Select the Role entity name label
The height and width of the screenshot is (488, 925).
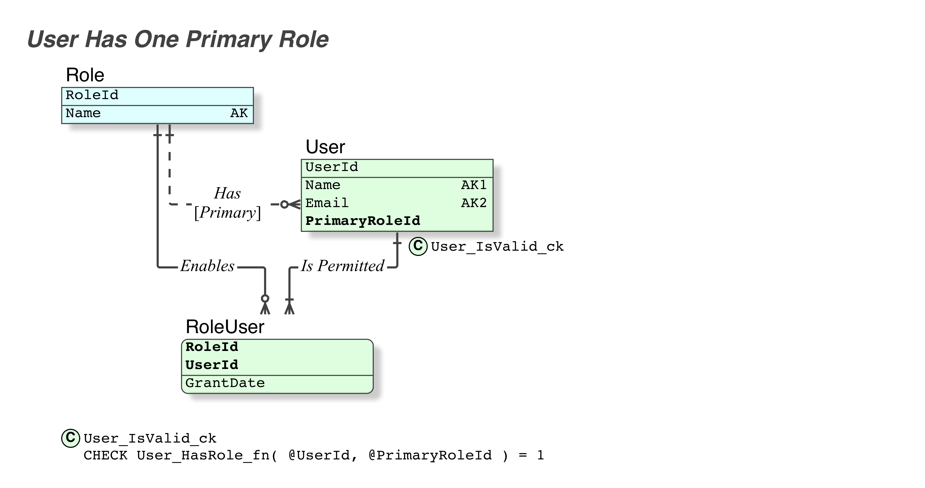(85, 75)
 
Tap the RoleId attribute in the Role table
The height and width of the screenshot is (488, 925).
(92, 95)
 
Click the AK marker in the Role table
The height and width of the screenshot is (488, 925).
(239, 113)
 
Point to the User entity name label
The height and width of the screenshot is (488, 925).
(325, 147)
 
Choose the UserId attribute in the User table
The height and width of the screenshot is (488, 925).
(332, 167)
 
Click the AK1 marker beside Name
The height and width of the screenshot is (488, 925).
(474, 185)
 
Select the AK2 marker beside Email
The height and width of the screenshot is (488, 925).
(474, 203)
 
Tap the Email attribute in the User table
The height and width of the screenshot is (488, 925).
(327, 203)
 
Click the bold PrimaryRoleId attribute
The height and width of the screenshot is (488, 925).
(363, 221)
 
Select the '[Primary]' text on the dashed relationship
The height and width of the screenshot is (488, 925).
(227, 213)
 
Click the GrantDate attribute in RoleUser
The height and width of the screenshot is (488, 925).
(225, 383)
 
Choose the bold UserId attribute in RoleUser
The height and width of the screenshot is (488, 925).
(212, 365)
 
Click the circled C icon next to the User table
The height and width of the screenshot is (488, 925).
(418, 246)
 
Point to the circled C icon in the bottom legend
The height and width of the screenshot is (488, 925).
(70, 438)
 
